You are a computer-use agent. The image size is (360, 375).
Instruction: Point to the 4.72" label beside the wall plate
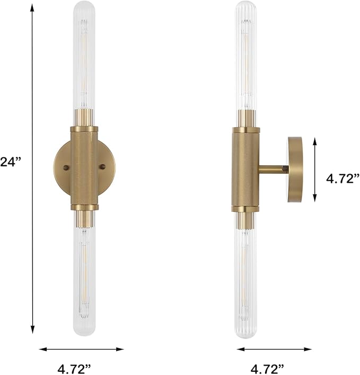[x=343, y=178]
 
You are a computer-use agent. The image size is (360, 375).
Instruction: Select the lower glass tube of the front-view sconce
[x=84, y=275]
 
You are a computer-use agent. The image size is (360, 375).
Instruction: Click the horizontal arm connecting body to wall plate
[x=273, y=169]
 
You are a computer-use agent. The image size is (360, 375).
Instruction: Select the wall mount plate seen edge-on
[x=295, y=169]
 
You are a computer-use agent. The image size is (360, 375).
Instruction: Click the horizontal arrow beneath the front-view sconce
[x=82, y=349]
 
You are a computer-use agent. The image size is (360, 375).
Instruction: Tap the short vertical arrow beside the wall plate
[x=315, y=169]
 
